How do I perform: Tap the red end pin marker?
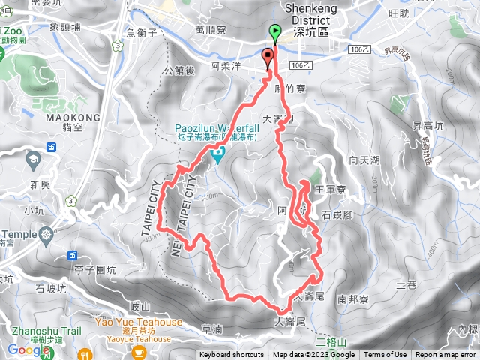tap(268, 56)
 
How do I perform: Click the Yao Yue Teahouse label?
tap(139, 322)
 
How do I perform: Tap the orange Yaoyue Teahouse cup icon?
tap(139, 351)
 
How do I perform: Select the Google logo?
tap(28, 349)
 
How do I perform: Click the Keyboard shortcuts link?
tap(232, 355)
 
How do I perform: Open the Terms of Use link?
tap(385, 355)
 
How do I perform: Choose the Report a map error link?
tap(445, 355)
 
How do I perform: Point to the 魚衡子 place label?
tap(141, 32)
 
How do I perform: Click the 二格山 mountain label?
tap(328, 338)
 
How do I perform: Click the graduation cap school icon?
tap(33, 159)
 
